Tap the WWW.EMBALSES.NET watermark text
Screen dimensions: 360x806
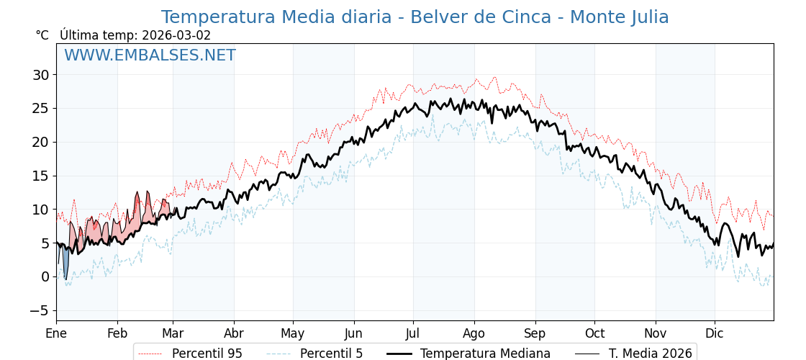(x=150, y=55)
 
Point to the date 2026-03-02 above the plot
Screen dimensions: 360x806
(x=176, y=35)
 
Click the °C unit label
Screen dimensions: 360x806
(x=42, y=35)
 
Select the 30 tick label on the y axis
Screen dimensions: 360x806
(x=40, y=75)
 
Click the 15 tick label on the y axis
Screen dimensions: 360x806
(x=40, y=176)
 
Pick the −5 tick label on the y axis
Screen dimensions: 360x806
(x=37, y=310)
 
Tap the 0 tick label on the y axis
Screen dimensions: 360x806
(x=45, y=276)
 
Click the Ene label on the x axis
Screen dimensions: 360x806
(x=56, y=333)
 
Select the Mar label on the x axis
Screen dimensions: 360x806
(x=173, y=333)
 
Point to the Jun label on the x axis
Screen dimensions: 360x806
(x=353, y=333)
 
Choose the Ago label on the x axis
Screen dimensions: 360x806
(x=474, y=333)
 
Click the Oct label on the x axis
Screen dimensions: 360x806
(x=594, y=333)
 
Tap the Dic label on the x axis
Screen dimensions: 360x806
(x=715, y=333)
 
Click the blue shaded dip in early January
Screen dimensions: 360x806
(x=65, y=262)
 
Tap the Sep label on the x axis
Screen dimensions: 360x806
(x=535, y=333)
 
